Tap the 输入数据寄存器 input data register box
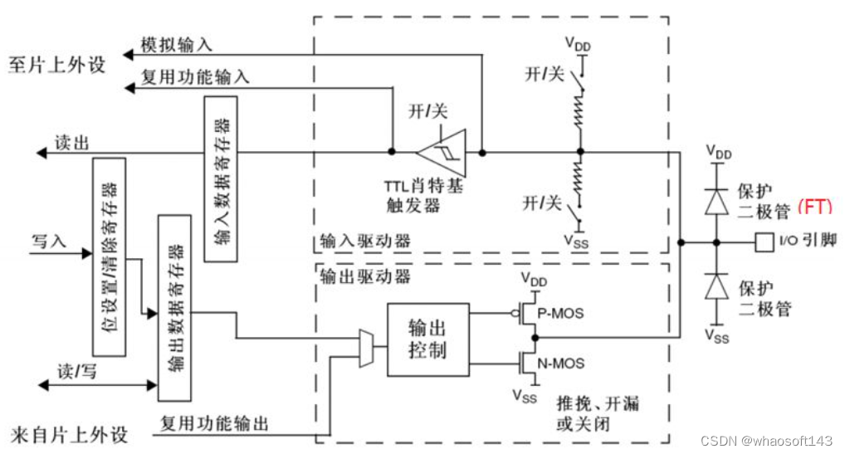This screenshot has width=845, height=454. click(220, 178)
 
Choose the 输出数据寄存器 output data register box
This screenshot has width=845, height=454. click(173, 308)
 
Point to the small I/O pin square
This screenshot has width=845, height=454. click(764, 243)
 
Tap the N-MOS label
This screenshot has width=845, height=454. click(562, 364)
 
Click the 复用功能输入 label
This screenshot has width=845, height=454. click(194, 77)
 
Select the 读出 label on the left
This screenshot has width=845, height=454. click(71, 142)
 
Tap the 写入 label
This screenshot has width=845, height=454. click(48, 242)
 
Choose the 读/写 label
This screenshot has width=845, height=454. click(76, 371)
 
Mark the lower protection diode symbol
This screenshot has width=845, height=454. click(714, 287)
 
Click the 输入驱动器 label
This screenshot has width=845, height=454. click(365, 242)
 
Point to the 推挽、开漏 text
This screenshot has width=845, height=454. click(598, 406)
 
